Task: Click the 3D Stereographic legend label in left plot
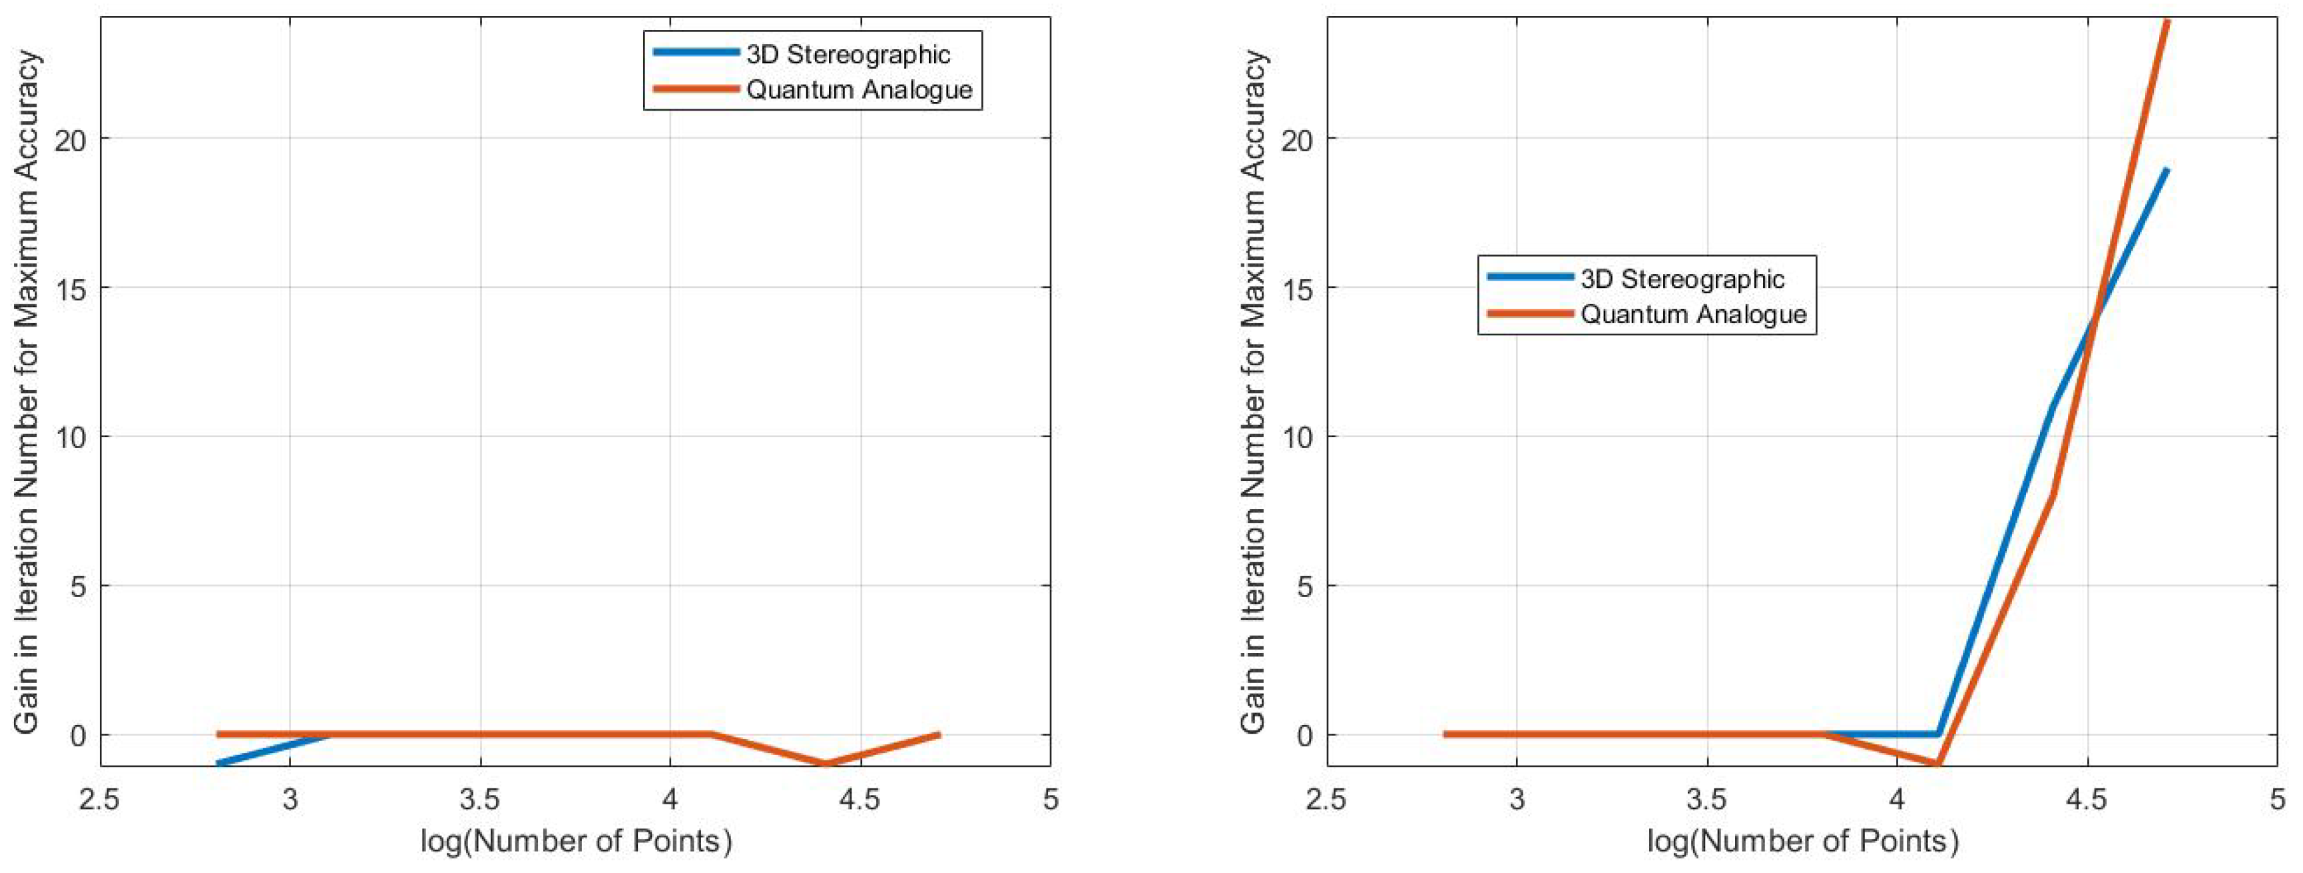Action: point(848,55)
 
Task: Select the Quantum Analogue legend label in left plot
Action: point(858,89)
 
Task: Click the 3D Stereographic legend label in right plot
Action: point(1682,279)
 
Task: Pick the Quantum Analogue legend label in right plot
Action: point(1693,314)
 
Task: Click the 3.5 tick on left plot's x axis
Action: point(480,797)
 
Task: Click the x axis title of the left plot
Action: point(576,842)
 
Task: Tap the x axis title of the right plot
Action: point(1802,842)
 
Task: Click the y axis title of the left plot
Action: point(27,392)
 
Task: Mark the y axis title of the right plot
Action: point(1254,392)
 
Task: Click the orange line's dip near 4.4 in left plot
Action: point(824,763)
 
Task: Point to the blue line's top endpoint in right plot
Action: point(2167,170)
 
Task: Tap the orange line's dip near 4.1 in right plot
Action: point(1936,764)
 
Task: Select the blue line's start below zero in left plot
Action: point(218,763)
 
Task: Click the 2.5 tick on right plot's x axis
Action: point(1325,797)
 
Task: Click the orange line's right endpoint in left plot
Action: point(939,734)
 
